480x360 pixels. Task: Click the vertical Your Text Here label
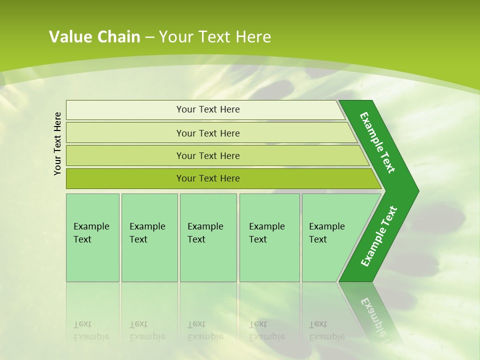(x=57, y=143)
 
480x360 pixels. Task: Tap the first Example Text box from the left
(x=92, y=237)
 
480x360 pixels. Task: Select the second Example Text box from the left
(x=149, y=237)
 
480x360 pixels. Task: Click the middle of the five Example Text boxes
(x=208, y=237)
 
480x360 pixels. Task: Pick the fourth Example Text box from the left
(x=269, y=237)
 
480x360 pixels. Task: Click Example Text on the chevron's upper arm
(x=377, y=142)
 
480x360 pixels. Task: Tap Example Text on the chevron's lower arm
(x=378, y=236)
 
